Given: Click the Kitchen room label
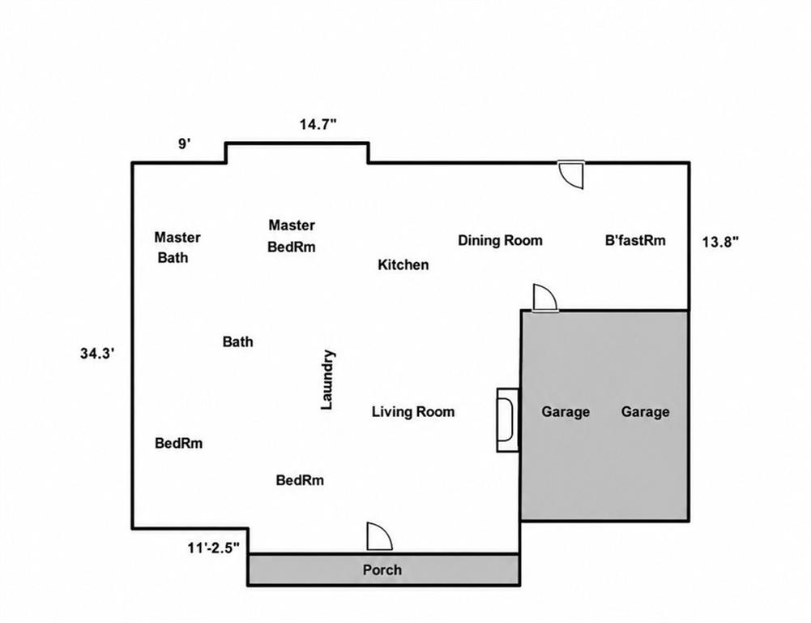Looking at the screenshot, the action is point(403,264).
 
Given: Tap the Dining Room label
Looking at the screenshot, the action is point(500,240).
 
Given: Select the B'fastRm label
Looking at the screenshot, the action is point(635,240).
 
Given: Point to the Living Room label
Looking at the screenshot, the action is point(413,412).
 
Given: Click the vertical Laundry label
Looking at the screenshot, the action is point(327,380).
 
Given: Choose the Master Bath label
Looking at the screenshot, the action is point(177,247).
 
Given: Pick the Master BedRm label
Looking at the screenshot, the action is point(292,236).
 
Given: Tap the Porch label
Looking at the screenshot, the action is point(382,570).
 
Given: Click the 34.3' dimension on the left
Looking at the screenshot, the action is point(97,354).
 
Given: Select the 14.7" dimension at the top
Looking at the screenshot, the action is point(318,124).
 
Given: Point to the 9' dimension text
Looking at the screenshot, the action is point(185,144).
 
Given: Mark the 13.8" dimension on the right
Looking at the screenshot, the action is point(720,241).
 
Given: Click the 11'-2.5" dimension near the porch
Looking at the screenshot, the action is point(214,548).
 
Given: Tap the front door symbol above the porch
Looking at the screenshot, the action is point(379,536).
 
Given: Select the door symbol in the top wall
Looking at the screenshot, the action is point(571,174).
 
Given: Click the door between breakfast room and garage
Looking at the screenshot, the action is point(544,298).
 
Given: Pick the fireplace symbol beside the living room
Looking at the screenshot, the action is point(508,419).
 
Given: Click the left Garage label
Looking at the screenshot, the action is point(566,412).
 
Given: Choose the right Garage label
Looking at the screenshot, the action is point(645,412).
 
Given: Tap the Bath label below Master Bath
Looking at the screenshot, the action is point(238,342).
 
